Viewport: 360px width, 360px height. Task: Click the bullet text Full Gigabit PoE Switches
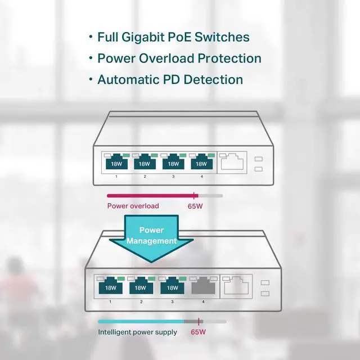pyautogui.click(x=173, y=38)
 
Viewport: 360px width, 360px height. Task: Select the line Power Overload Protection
pyautogui.click(x=179, y=58)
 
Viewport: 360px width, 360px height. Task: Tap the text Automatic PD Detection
pyautogui.click(x=170, y=80)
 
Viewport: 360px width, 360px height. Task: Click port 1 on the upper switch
pyautogui.click(x=116, y=163)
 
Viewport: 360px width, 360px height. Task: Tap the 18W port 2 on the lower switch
pyautogui.click(x=141, y=287)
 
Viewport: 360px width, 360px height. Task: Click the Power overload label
pyautogui.click(x=133, y=206)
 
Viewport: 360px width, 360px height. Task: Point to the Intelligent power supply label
pyautogui.click(x=138, y=332)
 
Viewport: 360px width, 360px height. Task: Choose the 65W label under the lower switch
pyautogui.click(x=199, y=332)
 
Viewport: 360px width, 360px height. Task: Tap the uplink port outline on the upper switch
pyautogui.click(x=232, y=162)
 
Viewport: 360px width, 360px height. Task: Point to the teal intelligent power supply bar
pyautogui.click(x=141, y=322)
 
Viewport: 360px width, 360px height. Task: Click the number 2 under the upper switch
pyautogui.click(x=145, y=177)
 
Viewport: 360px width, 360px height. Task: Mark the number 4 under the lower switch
pyautogui.click(x=203, y=302)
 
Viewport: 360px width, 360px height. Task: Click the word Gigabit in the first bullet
pyautogui.click(x=148, y=38)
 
